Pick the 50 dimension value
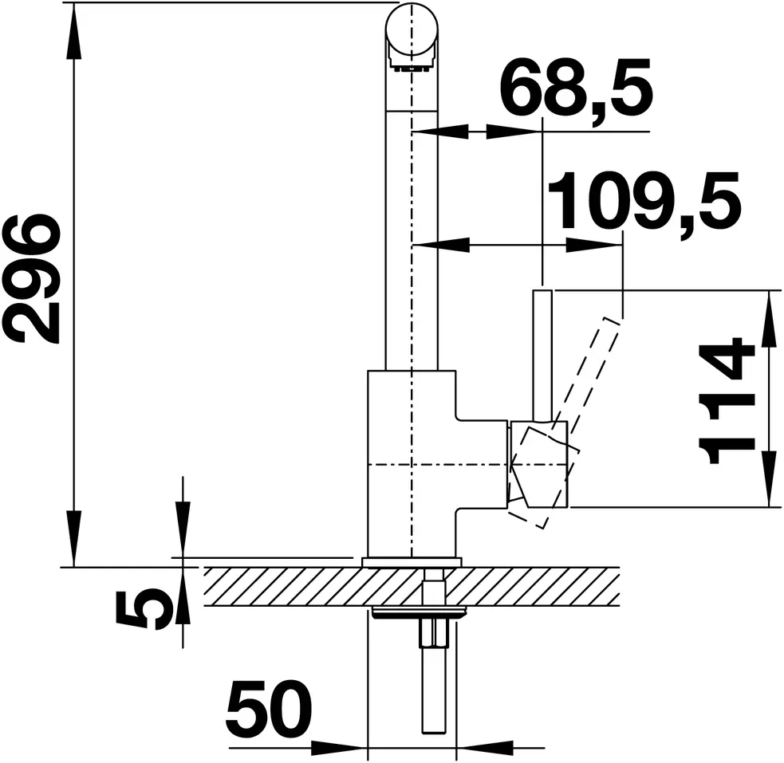tap(269, 707)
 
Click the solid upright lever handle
tap(542, 356)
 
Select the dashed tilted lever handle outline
tap(575, 419)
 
